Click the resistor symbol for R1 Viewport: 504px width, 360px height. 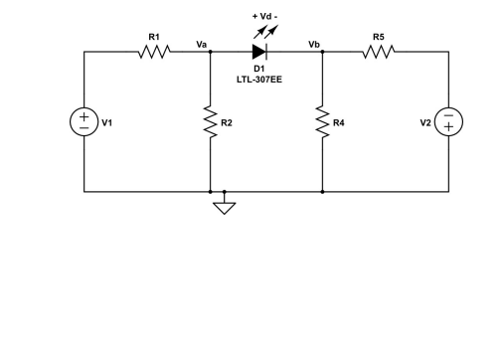point(153,51)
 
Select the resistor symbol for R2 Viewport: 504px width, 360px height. point(211,122)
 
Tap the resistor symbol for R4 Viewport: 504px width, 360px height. point(323,122)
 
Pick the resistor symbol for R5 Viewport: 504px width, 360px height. point(379,51)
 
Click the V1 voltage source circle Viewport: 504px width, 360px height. point(84,122)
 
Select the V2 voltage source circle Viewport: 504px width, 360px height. point(449,122)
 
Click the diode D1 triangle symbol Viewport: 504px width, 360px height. point(260,51)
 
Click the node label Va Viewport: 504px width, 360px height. point(202,44)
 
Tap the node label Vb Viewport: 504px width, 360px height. point(314,44)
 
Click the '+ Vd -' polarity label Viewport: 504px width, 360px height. point(265,16)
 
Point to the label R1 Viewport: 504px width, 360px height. point(154,37)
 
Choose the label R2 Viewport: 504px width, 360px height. point(227,122)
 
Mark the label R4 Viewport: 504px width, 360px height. point(339,122)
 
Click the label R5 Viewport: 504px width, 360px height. point(379,37)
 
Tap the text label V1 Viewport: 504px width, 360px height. point(107,122)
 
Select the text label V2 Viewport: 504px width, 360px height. point(425,122)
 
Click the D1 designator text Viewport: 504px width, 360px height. point(258,69)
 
